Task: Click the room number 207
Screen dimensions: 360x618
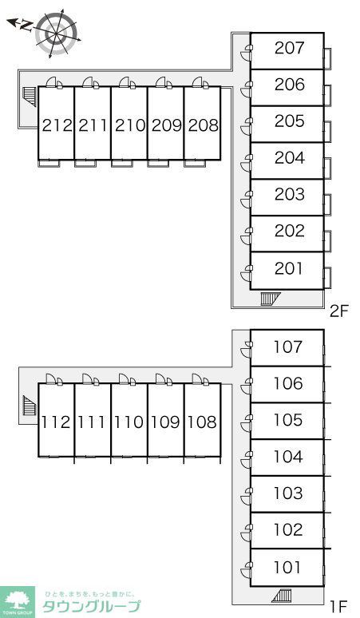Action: coord(290,48)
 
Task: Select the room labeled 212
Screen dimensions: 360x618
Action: coord(56,123)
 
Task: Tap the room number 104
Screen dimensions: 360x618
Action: coord(288,457)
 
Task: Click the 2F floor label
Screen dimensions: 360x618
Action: coord(339,311)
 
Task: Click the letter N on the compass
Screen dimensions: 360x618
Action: coord(27,26)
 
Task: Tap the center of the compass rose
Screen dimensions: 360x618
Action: coord(56,33)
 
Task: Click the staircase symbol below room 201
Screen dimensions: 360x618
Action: coord(270,299)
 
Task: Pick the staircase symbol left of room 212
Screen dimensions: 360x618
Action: coord(30,97)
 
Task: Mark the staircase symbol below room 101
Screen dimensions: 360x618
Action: coord(282,596)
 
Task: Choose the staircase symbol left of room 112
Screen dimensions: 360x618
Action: coord(30,406)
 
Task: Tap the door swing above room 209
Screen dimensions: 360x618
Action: coord(164,82)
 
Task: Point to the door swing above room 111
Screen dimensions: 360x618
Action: coord(90,379)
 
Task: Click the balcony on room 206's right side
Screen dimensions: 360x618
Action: coord(327,96)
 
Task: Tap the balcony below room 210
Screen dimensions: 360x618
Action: coord(121,163)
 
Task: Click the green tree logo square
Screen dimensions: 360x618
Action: coord(18,602)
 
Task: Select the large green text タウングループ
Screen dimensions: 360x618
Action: coord(91,606)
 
